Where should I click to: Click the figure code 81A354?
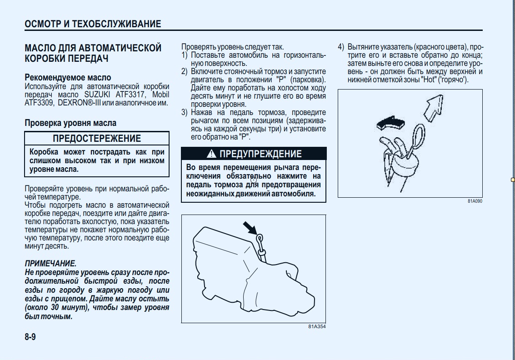(x=317, y=326)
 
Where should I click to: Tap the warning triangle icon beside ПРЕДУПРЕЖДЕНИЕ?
(x=211, y=154)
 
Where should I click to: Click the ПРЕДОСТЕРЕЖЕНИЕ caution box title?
(x=97, y=139)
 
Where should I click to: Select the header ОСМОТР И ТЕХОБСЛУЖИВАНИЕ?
(x=93, y=24)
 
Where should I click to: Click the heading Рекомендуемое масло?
(x=68, y=78)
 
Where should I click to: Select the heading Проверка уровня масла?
(x=70, y=123)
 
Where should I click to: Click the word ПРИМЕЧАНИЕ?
(x=50, y=264)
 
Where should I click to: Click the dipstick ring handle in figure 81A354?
(x=259, y=238)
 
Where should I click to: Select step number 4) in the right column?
(x=341, y=47)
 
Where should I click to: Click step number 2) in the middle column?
(x=185, y=71)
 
